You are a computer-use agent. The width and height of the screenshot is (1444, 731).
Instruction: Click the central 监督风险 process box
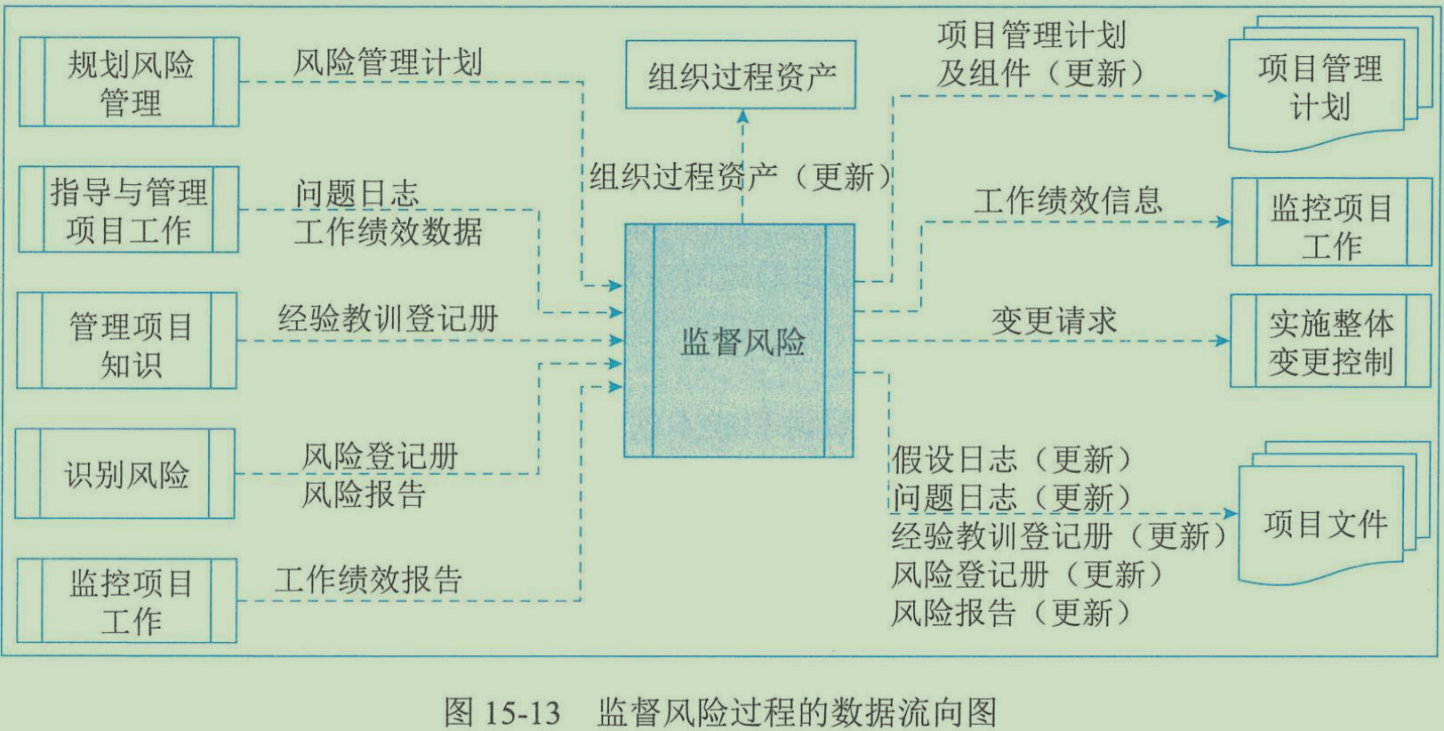pos(739,341)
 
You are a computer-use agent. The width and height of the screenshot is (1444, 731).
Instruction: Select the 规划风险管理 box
pos(129,82)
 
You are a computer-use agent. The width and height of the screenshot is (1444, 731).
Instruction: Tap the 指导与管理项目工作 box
pos(129,210)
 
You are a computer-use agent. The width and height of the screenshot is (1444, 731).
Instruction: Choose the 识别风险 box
pos(125,474)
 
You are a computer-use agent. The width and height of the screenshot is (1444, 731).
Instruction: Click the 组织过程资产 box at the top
pos(741,76)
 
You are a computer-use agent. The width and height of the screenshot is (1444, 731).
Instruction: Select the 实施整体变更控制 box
pos(1330,341)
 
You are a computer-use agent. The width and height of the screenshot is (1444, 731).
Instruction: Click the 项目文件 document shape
pos(1323,525)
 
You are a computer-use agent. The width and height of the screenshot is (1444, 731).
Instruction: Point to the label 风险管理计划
pos(388,62)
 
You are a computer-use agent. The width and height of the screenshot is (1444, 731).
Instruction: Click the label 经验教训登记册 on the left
pos(388,318)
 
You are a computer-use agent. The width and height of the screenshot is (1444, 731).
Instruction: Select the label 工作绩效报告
pos(368,580)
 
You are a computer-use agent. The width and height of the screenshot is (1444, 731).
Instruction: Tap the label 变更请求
pos(1054,321)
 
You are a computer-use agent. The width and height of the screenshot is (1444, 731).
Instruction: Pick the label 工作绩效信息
pos(1068,201)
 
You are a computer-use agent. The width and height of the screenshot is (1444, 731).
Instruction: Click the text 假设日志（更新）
pos(1012,460)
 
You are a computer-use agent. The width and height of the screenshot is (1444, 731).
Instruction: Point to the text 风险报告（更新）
pos(1012,613)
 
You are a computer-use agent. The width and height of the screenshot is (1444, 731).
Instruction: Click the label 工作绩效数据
pos(388,232)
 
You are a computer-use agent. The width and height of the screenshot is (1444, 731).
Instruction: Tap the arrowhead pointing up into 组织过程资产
pos(742,116)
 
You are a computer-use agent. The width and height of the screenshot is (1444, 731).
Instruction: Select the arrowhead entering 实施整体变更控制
pos(1223,341)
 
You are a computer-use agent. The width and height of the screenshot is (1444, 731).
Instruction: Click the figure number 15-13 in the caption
pos(523,712)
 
